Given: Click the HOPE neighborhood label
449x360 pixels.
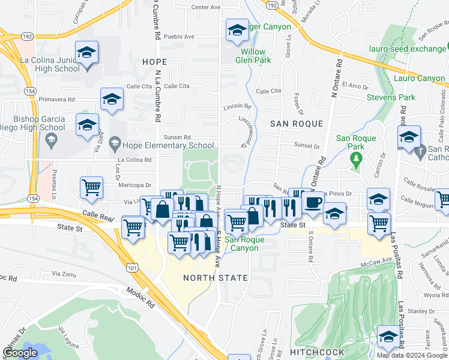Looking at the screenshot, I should pos(154,62).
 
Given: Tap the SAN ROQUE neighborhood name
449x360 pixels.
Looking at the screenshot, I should pos(297,124).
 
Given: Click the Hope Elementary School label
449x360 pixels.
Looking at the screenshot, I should pos(168,145).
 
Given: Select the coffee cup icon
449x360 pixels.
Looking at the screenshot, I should pos(312,203).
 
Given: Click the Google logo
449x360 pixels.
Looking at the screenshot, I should pos(20,353).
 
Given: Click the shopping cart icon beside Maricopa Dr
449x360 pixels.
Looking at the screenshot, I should pos(91,188).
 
